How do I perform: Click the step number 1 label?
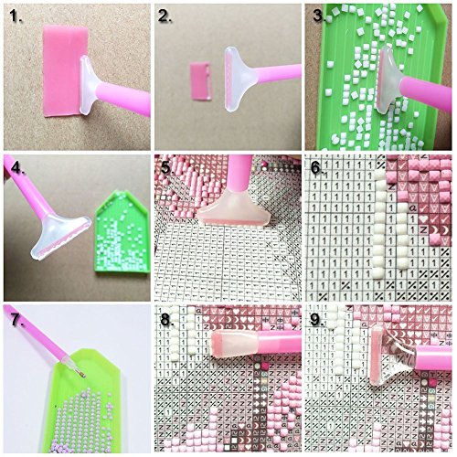click(x=14, y=16)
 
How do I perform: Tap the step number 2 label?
click(x=165, y=16)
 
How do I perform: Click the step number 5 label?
click(x=165, y=168)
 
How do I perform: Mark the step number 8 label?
click(x=165, y=320)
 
